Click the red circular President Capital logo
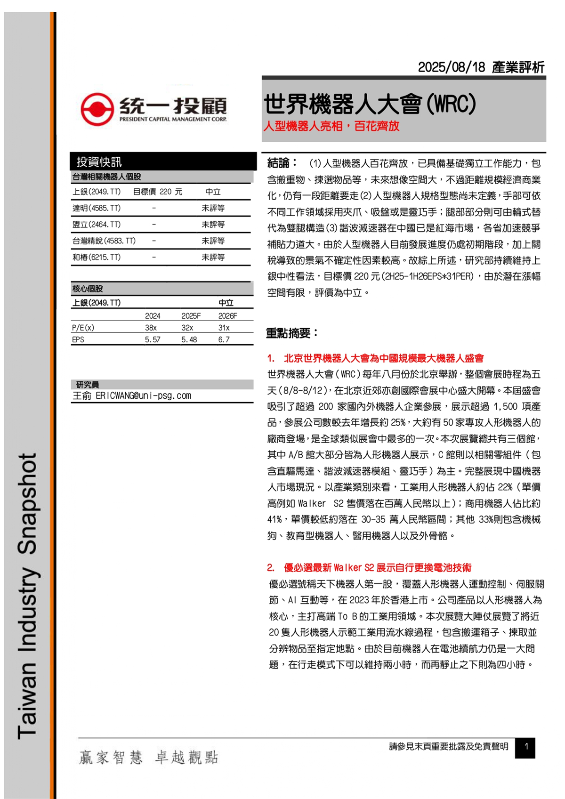point(97,109)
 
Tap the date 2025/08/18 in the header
point(451,67)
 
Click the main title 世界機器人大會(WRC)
point(370,104)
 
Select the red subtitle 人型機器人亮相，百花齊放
point(331,126)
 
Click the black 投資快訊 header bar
point(162,161)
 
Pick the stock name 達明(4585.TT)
point(97,208)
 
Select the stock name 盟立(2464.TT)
point(97,225)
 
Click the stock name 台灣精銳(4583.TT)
point(104,241)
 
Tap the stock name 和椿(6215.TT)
point(97,258)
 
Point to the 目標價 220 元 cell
point(157,192)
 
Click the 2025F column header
point(191,316)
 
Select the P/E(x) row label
point(83,328)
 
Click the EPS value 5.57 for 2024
point(153,339)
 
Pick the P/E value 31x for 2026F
point(224,328)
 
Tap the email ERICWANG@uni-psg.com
point(143,396)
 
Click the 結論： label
point(282,163)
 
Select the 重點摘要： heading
point(292,333)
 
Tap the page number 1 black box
point(525,747)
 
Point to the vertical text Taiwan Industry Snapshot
point(27,596)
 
